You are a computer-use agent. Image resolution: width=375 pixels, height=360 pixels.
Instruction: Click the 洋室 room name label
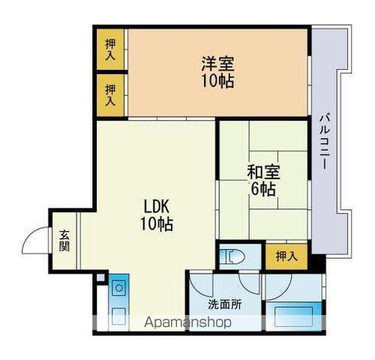pos(216,63)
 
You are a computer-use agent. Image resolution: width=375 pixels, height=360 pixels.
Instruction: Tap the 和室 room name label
pos(262,170)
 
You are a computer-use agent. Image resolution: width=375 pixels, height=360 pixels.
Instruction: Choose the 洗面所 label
pos(225,304)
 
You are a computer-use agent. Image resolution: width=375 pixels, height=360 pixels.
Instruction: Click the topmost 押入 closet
pos(110,49)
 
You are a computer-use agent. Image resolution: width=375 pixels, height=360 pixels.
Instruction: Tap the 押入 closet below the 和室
pos(286,256)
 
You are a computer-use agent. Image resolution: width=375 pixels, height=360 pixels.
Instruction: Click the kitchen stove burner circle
pos(118,286)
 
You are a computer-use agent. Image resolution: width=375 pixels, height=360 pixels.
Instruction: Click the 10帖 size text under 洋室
pos(216,81)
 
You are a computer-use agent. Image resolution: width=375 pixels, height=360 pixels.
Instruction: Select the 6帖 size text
pos(262,188)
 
